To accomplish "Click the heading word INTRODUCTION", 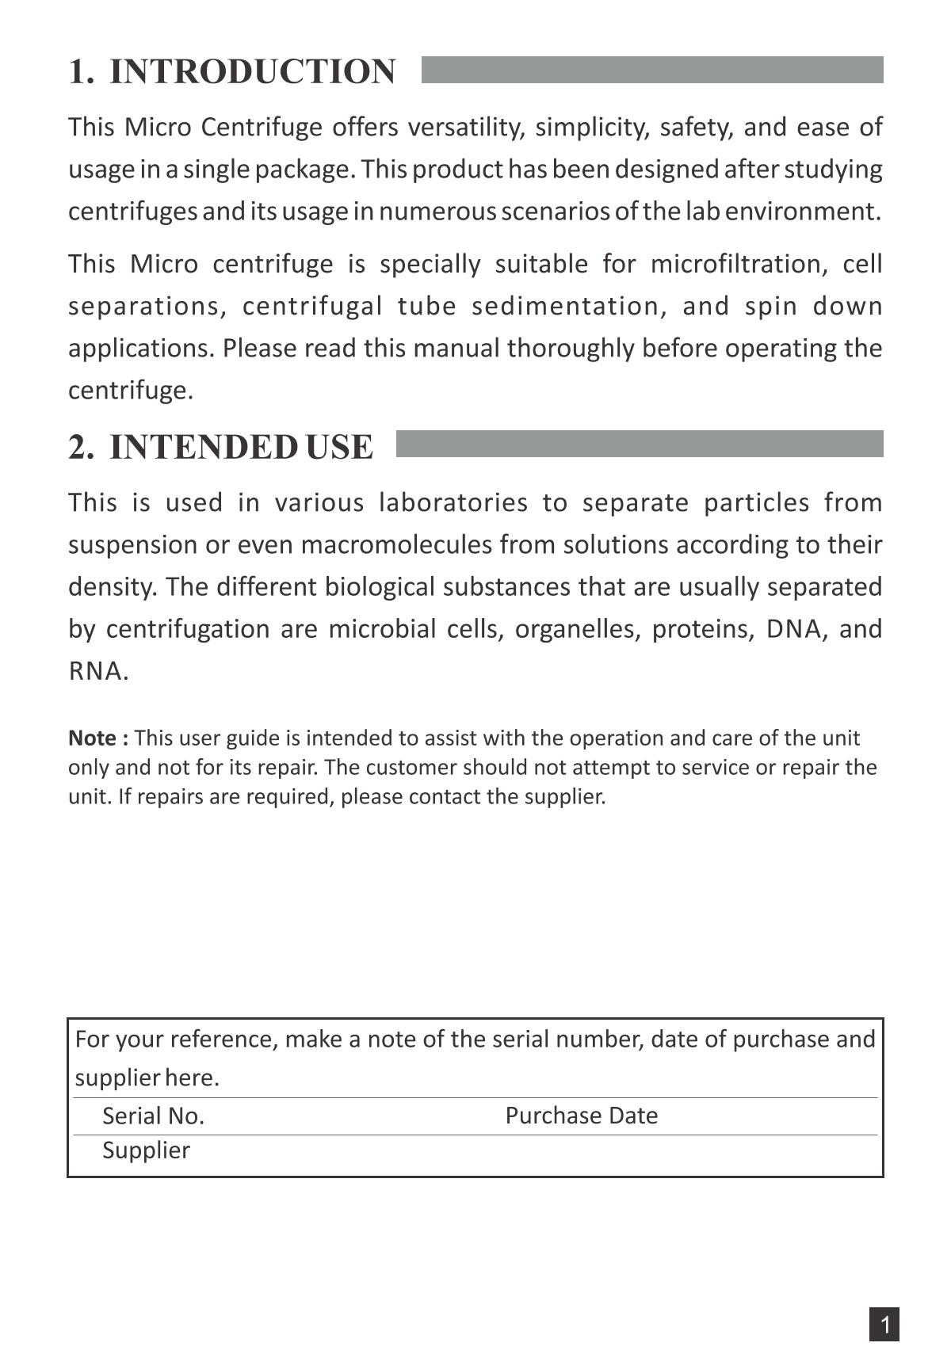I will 252,71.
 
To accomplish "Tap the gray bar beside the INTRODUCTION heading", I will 651,70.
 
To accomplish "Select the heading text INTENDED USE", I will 240,447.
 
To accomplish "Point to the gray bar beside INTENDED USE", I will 639,444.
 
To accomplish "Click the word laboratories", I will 453,502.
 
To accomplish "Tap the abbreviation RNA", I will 97,671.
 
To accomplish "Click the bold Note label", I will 98,738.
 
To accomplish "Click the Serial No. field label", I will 153,1116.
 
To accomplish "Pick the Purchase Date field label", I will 581,1116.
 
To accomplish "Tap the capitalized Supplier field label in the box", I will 146,1150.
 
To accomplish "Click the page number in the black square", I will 884,1324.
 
